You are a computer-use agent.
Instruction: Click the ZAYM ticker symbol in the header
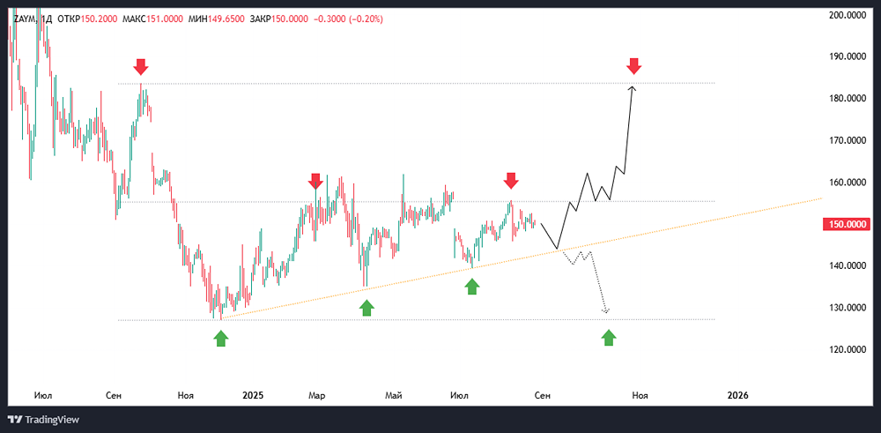[x=24, y=19]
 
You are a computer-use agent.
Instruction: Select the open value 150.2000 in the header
[x=100, y=19]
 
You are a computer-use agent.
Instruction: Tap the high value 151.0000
[x=165, y=19]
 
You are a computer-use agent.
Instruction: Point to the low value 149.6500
[x=226, y=19]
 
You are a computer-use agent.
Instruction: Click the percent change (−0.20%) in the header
[x=366, y=19]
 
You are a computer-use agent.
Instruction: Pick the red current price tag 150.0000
[x=846, y=224]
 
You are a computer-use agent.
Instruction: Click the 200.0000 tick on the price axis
[x=846, y=15]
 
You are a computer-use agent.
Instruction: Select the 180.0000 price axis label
[x=846, y=99]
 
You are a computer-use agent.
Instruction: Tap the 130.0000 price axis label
[x=846, y=308]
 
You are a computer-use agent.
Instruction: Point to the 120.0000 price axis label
[x=846, y=349]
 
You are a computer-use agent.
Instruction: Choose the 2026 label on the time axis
[x=737, y=395]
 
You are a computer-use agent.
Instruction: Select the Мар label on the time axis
[x=317, y=395]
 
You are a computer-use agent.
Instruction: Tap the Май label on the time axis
[x=393, y=395]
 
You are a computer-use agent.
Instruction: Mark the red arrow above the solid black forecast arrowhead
[x=634, y=66]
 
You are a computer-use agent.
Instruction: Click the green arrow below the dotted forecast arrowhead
[x=609, y=338]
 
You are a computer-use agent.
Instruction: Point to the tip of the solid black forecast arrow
[x=633, y=86]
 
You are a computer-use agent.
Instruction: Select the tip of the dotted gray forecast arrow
[x=606, y=313]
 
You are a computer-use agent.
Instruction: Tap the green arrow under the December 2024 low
[x=221, y=338]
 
